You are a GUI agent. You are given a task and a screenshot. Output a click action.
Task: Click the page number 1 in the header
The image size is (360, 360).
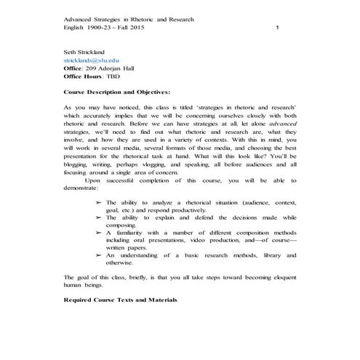click(x=278, y=27)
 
